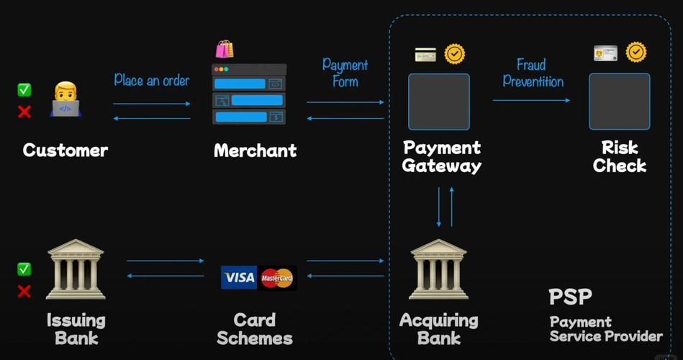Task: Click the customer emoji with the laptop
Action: pos(65,99)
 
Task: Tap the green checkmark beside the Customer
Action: pos(24,90)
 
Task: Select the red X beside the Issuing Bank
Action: pos(24,292)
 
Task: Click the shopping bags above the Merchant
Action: pos(225,49)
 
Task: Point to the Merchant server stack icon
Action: pos(249,94)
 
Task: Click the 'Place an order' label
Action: pos(151,80)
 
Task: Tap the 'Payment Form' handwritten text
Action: pos(345,73)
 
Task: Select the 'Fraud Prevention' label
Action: pos(533,73)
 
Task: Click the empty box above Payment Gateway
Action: pos(439,102)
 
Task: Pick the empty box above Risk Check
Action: pos(620,102)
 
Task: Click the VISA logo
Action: pos(239,278)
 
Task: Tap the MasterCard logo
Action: pos(277,278)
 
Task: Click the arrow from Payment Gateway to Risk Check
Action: pos(531,100)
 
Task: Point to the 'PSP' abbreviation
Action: pos(570,297)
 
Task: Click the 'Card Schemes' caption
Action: pos(255,328)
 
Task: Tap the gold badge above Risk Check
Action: pos(636,52)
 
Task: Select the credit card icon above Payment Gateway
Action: pos(425,55)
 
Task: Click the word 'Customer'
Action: pos(65,150)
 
